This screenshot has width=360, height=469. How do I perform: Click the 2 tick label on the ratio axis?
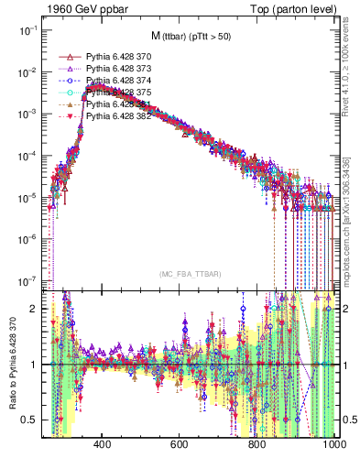[x=34, y=309]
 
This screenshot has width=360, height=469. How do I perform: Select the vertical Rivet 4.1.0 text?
[x=350, y=64]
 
